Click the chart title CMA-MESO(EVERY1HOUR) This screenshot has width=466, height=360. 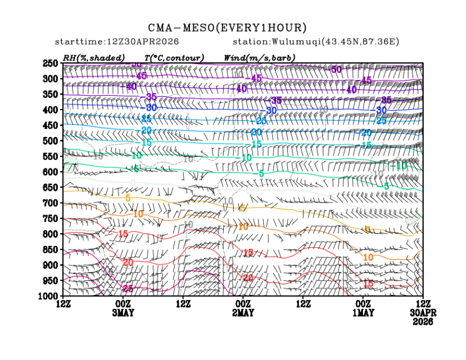[x=227, y=28]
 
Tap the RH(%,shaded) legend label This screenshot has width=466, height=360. [x=94, y=58]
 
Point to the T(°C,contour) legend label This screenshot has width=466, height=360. [x=174, y=58]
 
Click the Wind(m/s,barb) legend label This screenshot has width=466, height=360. [x=259, y=58]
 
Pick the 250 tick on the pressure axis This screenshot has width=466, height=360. [x=51, y=63]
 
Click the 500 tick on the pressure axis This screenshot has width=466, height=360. [x=51, y=141]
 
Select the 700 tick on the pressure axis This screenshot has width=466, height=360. [x=51, y=203]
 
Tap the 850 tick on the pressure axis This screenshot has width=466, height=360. [x=51, y=249]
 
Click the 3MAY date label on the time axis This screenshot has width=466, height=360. [x=122, y=313]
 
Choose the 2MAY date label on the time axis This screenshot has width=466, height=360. [x=243, y=313]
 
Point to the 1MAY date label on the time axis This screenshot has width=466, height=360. [x=363, y=313]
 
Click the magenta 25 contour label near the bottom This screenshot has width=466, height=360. [x=127, y=289]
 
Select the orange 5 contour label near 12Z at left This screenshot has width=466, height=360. [x=128, y=198]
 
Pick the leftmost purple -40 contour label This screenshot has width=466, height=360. [x=131, y=86]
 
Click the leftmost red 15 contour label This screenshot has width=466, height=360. [x=123, y=234]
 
